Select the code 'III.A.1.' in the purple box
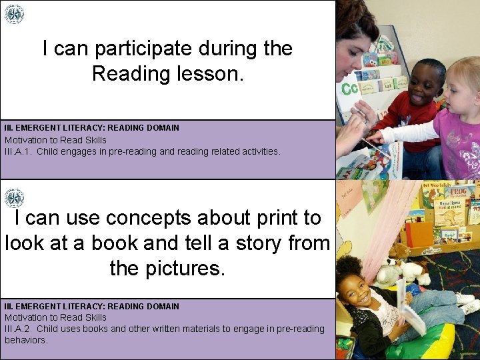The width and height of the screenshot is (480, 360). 19,151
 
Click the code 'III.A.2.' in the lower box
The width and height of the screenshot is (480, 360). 19,329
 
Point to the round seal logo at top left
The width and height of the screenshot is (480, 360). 13,14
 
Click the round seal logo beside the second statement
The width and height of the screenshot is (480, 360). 13,198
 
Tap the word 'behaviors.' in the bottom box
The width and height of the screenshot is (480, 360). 26,340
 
